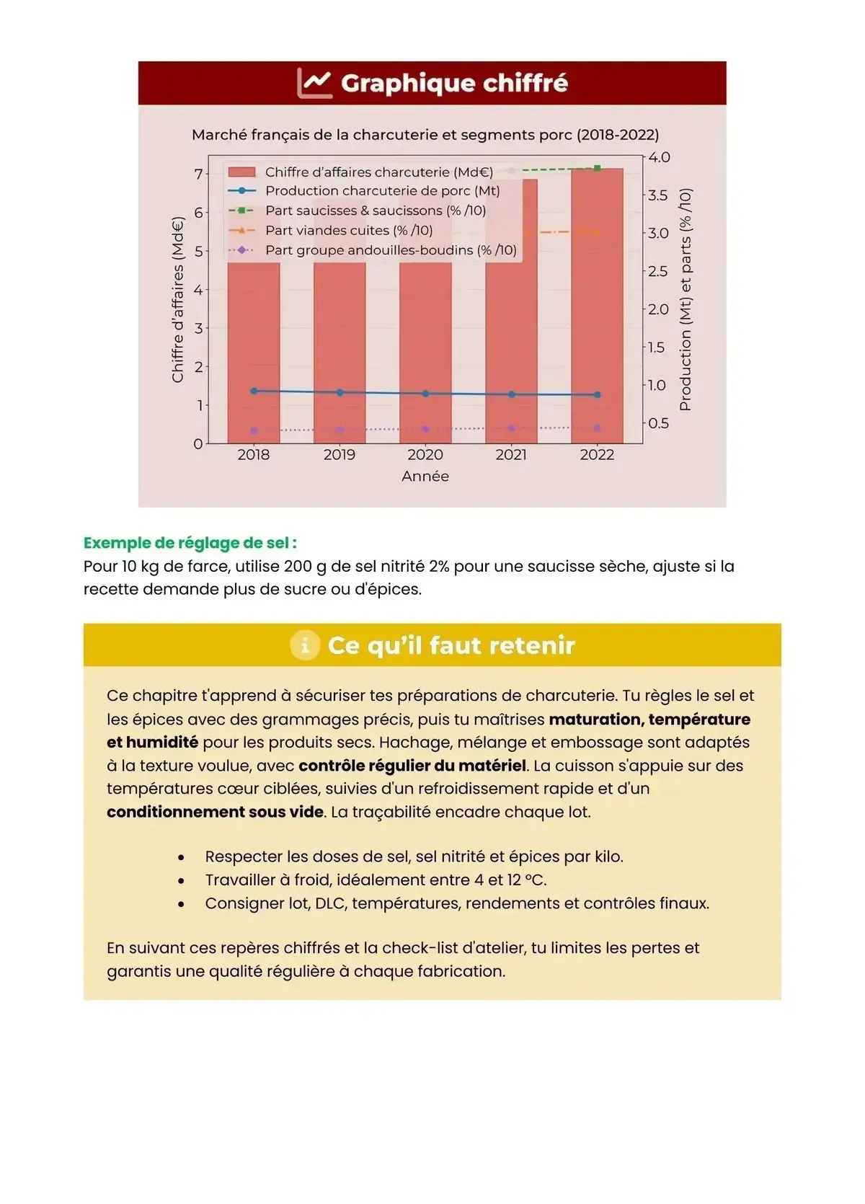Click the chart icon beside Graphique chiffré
click(x=314, y=83)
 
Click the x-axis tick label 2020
click(x=425, y=455)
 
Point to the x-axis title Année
click(x=425, y=477)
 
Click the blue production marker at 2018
click(x=254, y=391)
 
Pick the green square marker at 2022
click(x=597, y=169)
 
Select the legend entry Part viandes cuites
click(x=348, y=231)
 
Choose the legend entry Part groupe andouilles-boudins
click(x=390, y=250)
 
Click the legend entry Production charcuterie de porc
click(x=382, y=191)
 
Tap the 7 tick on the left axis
click(x=198, y=174)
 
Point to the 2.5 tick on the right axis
click(x=657, y=271)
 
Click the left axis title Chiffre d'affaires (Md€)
click(x=178, y=299)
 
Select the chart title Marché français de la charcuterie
click(x=425, y=135)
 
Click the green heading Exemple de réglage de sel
click(x=190, y=543)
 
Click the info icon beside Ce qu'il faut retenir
click(x=305, y=645)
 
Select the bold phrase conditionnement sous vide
click(x=215, y=812)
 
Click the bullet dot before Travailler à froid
click(x=181, y=881)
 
